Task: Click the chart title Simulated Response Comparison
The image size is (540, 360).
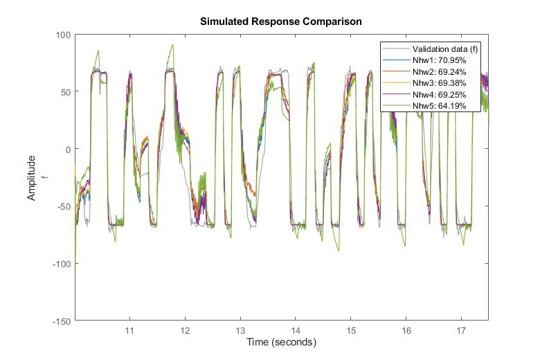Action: (x=281, y=21)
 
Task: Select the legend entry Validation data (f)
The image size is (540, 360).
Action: (x=440, y=48)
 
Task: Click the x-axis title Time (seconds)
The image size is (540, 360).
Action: (x=281, y=343)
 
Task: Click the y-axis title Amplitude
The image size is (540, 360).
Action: (x=31, y=178)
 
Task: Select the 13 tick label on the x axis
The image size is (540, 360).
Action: (x=240, y=330)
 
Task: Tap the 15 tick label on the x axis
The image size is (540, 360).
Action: (x=351, y=330)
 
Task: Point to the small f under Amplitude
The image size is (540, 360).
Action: (x=44, y=178)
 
